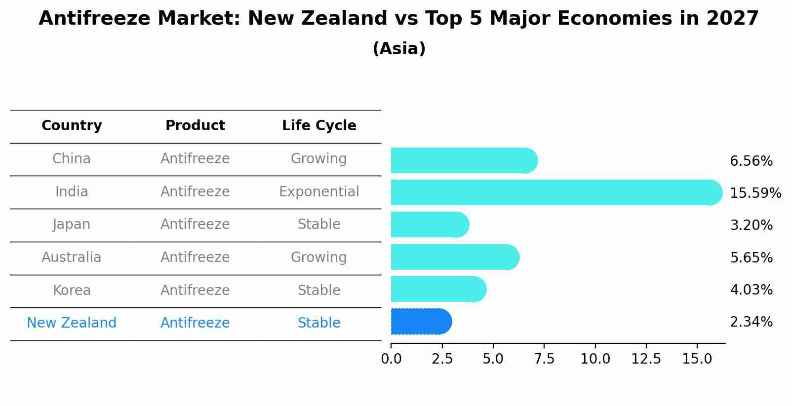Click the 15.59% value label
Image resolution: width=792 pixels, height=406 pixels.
point(755,193)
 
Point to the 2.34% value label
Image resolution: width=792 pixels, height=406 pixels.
point(751,322)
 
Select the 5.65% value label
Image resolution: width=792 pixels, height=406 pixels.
point(751,258)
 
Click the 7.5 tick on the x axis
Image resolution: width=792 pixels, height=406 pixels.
point(544,359)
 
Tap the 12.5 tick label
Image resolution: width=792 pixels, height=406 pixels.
point(646,359)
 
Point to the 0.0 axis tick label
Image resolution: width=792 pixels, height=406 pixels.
point(391,359)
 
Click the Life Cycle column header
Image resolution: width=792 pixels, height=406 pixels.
point(319,126)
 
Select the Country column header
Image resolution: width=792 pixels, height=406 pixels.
point(72,126)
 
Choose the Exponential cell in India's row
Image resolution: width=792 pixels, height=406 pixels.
point(319,192)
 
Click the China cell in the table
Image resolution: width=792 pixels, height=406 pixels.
point(72,159)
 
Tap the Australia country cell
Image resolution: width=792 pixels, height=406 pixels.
point(72,258)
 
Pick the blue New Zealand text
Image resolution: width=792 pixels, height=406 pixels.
point(72,323)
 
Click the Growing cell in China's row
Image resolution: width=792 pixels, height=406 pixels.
point(319,159)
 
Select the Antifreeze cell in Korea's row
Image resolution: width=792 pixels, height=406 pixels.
point(195,291)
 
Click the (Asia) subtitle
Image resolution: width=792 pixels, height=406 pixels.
point(399,49)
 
